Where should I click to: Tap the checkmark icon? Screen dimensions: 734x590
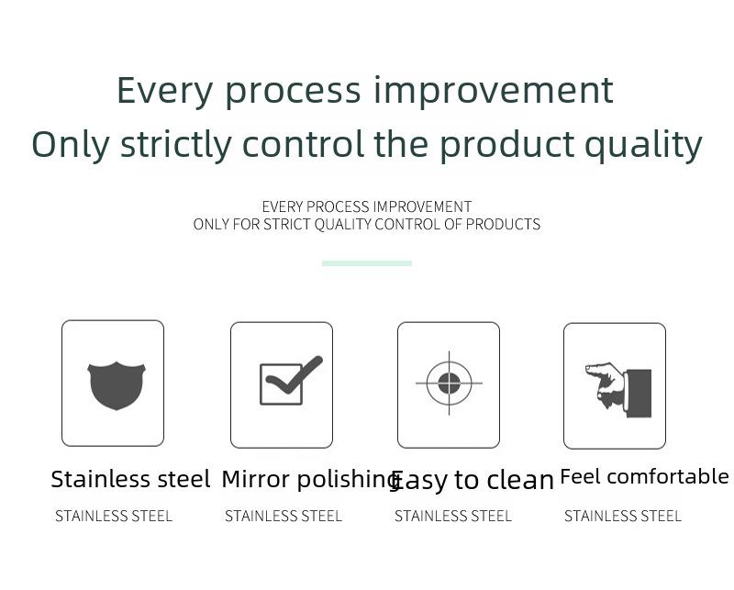pyautogui.click(x=291, y=380)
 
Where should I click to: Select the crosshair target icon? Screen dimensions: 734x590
pyautogui.click(x=449, y=383)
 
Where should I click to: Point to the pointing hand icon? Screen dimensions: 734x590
pyautogui.click(x=618, y=390)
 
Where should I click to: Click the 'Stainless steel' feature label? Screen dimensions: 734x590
pyautogui.click(x=130, y=479)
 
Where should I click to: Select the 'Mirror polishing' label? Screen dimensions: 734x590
pyautogui.click(x=310, y=480)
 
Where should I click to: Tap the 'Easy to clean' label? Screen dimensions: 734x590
pyautogui.click(x=472, y=481)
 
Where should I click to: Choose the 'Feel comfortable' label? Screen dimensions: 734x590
pyautogui.click(x=644, y=477)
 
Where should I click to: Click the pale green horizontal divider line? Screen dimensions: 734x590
pyautogui.click(x=366, y=263)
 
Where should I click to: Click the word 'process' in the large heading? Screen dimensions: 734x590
pyautogui.click(x=293, y=93)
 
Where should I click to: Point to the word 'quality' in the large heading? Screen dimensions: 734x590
pyautogui.click(x=644, y=146)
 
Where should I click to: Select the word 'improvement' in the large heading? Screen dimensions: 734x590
pyautogui.click(x=494, y=91)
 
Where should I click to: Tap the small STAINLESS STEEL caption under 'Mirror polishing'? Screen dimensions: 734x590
pyautogui.click(x=284, y=516)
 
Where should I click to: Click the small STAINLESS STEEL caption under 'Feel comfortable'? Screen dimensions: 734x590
pyautogui.click(x=623, y=516)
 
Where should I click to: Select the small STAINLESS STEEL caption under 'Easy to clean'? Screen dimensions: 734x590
pyautogui.click(x=452, y=516)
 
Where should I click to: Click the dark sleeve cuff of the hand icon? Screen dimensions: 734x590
pyautogui.click(x=639, y=394)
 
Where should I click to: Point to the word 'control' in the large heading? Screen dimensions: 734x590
pyautogui.click(x=303, y=144)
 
